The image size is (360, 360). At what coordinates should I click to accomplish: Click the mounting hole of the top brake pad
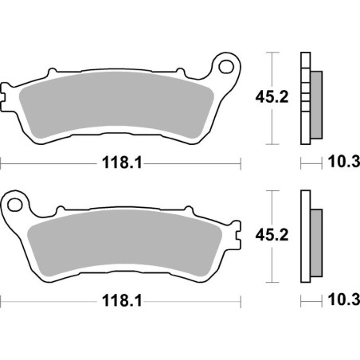click(x=227, y=65)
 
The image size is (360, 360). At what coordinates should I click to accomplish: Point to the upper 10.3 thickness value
click(x=343, y=163)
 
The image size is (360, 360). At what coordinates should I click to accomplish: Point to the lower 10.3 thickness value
click(x=343, y=304)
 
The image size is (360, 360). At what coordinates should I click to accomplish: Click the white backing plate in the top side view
click(x=304, y=99)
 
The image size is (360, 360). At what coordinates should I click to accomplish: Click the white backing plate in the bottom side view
click(x=304, y=238)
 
